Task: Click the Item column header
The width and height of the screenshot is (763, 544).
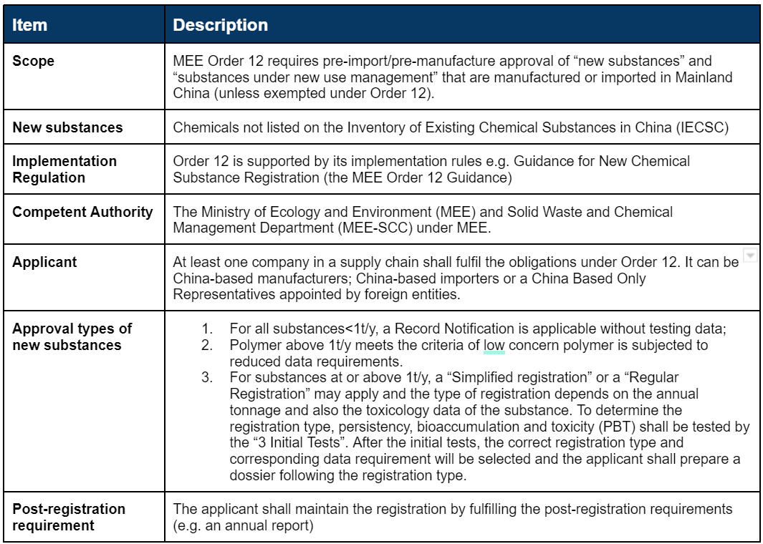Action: point(30,25)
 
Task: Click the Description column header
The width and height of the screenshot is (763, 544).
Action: point(221,25)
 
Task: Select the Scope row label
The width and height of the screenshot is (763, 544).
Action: point(33,61)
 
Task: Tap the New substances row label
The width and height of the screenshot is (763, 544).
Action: point(67,127)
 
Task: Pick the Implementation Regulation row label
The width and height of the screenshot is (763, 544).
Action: point(64,169)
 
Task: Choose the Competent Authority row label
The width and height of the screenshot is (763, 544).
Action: point(82,212)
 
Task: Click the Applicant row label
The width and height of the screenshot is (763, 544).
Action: point(44,262)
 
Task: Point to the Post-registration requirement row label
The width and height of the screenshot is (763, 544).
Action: point(69,517)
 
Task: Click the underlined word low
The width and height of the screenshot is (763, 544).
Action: point(494,346)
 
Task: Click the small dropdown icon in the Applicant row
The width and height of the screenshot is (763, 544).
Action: point(749,256)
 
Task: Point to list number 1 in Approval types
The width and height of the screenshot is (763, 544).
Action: point(207,329)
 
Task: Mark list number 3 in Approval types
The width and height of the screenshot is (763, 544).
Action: point(207,377)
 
